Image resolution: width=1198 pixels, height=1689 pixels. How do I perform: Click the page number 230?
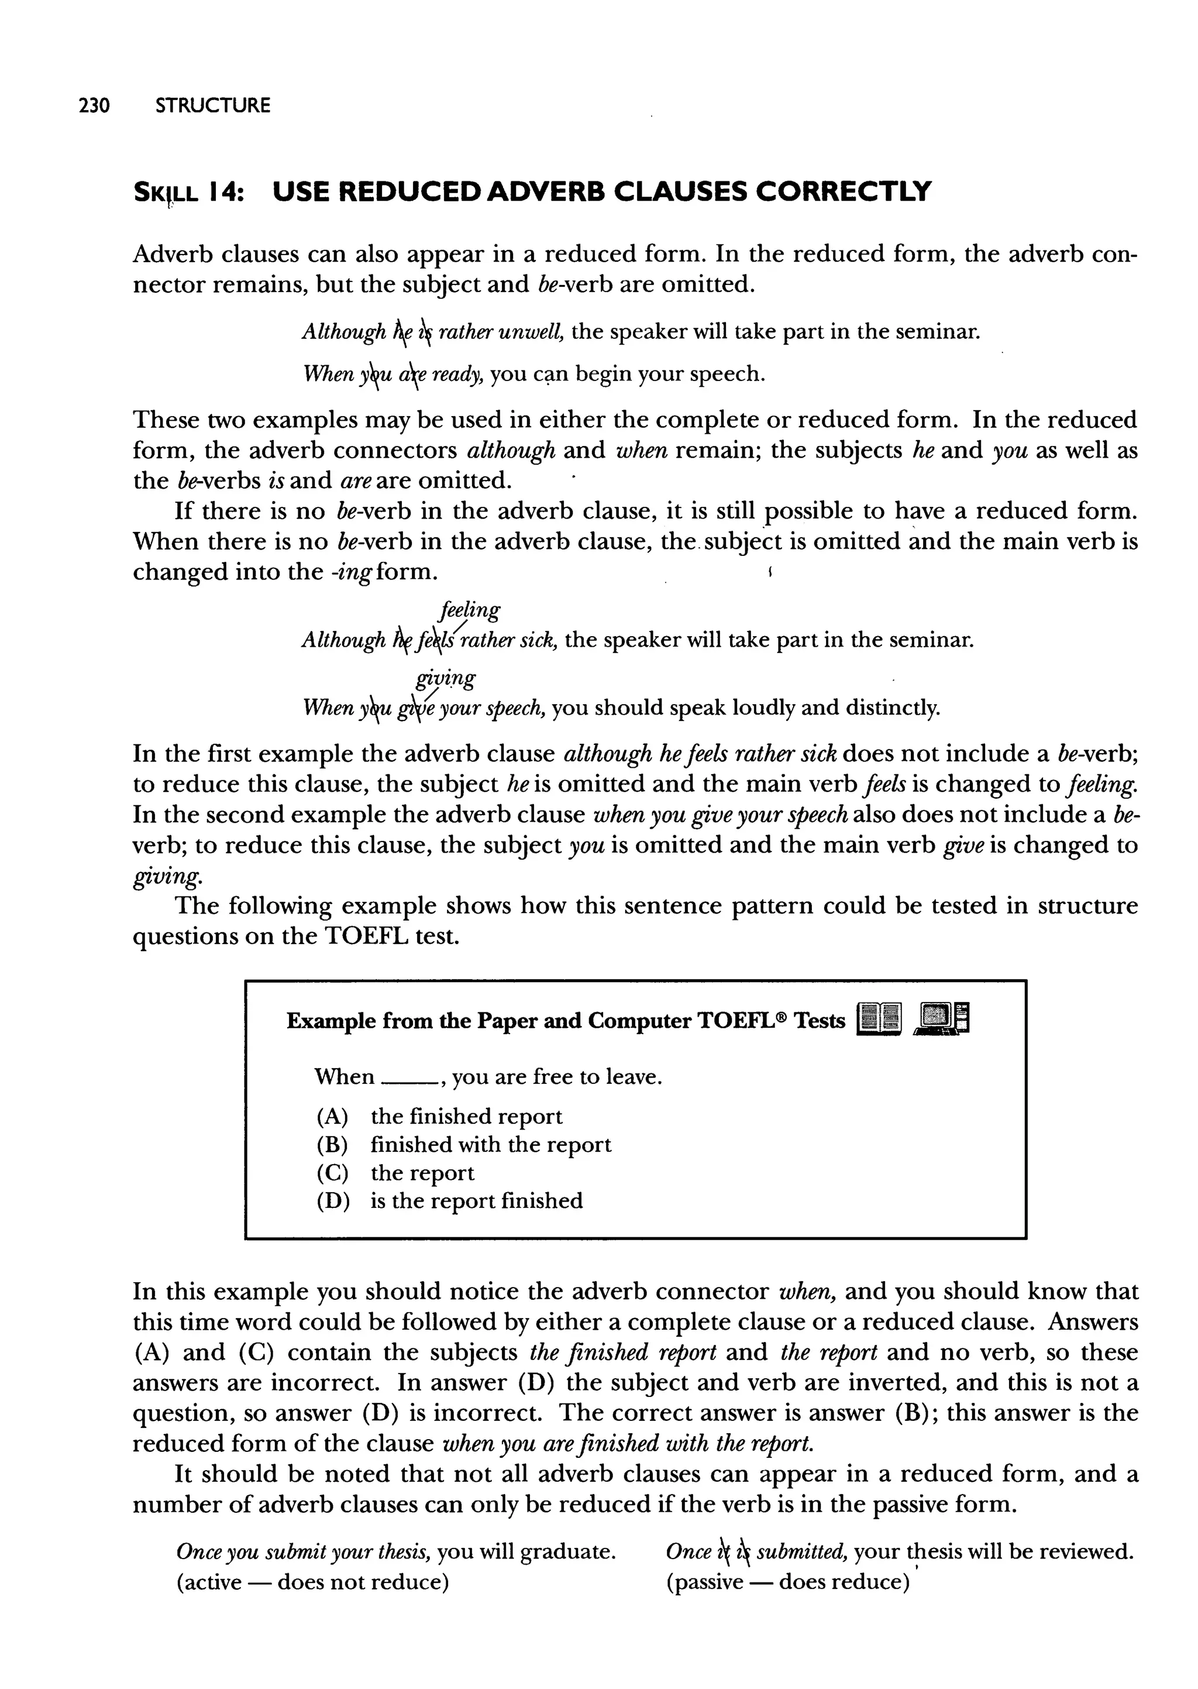point(94,105)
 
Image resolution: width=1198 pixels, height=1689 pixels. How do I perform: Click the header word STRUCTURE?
point(213,105)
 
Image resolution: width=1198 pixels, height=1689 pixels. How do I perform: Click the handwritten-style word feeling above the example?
point(469,612)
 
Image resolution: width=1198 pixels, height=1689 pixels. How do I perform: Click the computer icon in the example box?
point(941,1021)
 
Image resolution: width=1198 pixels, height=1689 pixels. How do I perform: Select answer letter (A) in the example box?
point(332,1117)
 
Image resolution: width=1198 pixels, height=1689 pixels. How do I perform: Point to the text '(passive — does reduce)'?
point(787,1582)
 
